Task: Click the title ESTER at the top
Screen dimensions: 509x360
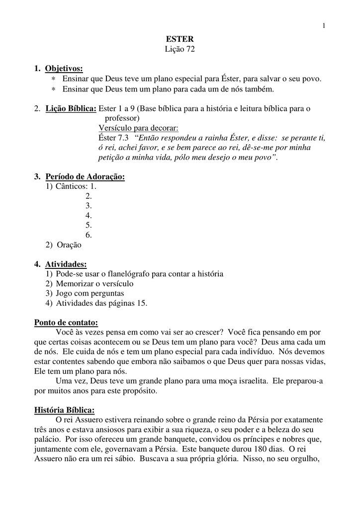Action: click(180, 39)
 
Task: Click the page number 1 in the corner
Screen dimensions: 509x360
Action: click(323, 26)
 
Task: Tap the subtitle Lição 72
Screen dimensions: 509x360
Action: click(180, 49)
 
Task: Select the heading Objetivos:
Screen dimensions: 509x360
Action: click(64, 68)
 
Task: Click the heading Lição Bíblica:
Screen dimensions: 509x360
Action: click(71, 108)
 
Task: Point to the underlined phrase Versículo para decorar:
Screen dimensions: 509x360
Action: click(138, 128)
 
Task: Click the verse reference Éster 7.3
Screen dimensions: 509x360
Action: click(113, 138)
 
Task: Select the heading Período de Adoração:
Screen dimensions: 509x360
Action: click(85, 177)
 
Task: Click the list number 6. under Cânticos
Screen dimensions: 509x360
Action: click(89, 235)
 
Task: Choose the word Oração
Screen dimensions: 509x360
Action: click(69, 245)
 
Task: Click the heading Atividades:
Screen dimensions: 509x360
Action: click(66, 264)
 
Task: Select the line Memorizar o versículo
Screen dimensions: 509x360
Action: click(94, 284)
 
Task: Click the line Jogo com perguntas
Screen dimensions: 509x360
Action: click(90, 293)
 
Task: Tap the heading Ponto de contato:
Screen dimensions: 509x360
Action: click(66, 322)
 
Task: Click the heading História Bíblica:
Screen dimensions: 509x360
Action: click(64, 410)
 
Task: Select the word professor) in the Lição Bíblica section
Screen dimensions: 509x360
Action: click(122, 118)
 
